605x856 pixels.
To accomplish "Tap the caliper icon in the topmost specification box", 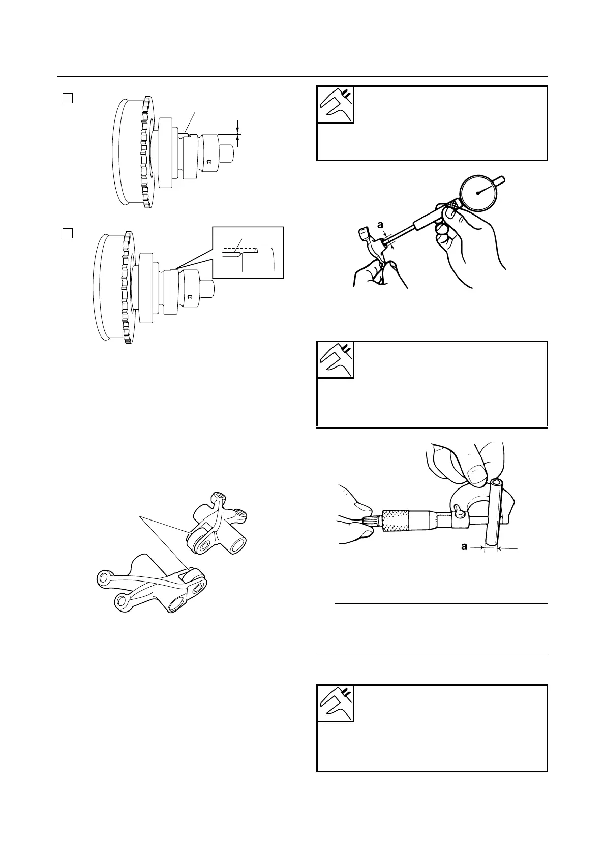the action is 335,105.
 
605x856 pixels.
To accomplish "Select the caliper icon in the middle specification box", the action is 335,360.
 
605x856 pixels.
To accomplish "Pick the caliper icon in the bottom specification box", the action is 335,704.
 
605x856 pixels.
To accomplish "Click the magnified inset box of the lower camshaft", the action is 247,252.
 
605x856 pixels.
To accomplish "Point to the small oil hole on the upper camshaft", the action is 208,162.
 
